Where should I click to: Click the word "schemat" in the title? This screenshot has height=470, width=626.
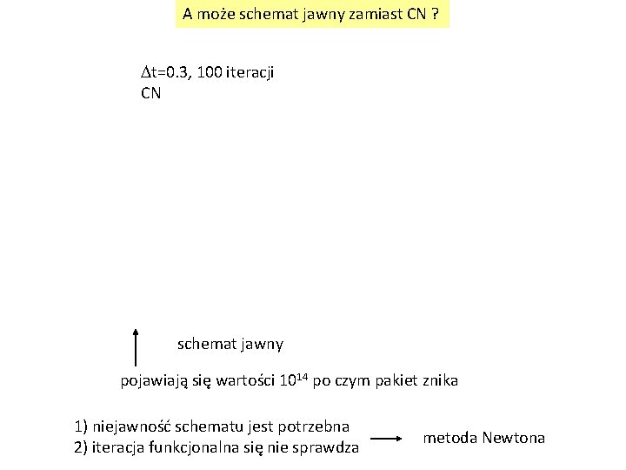pos(257,14)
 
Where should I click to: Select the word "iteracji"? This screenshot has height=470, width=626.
pos(251,73)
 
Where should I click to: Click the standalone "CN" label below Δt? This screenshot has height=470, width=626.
pos(150,92)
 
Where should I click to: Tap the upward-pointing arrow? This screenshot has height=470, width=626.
pos(137,346)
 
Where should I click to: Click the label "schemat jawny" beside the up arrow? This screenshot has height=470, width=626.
pos(230,344)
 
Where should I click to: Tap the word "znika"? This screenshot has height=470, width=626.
pos(438,381)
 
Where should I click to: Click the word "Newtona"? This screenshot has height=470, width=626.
pos(513,437)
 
